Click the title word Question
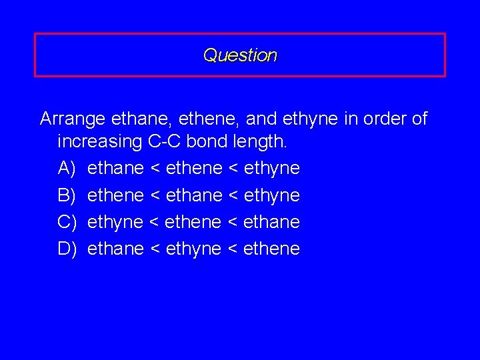[x=240, y=55]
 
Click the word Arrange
[x=73, y=119]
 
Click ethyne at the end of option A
[x=272, y=169]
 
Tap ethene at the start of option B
[x=115, y=195]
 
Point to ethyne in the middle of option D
[x=193, y=249]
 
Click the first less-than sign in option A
[x=155, y=169]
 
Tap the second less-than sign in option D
[x=233, y=249]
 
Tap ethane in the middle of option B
[x=193, y=195]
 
